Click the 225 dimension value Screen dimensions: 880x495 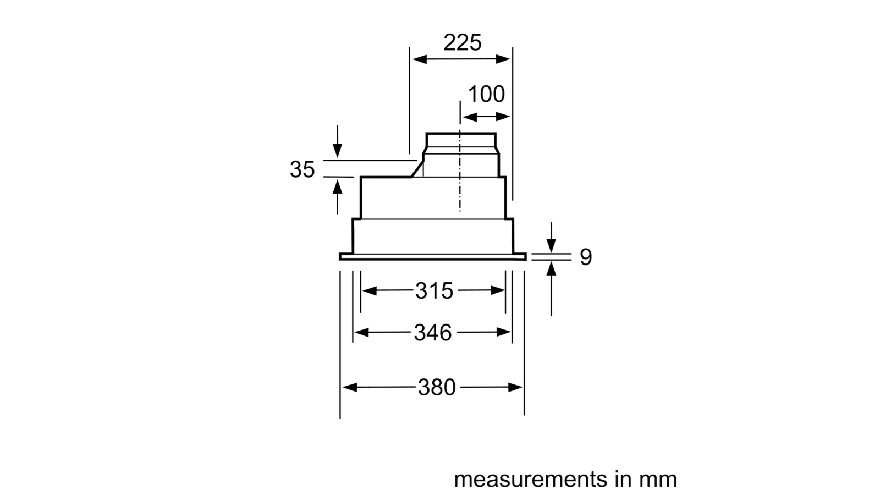pos(463,42)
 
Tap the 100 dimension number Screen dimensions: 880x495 pos(486,94)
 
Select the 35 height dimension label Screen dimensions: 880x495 pos(302,169)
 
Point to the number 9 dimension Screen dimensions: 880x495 pos(586,257)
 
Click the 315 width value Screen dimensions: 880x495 pos(434,291)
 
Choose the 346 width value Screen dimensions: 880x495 pos(433,333)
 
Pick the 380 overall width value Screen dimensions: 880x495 pos(437,387)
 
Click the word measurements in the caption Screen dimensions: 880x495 pos(530,479)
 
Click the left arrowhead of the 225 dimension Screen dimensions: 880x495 pos(420,59)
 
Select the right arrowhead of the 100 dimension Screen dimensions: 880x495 pos(503,117)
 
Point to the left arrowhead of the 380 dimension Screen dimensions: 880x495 pos(350,387)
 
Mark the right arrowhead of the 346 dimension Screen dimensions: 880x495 pos(503,332)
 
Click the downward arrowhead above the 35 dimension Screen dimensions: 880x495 pos(337,151)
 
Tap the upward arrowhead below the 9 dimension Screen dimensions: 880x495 pos(551,269)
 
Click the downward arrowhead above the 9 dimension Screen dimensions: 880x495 pos(551,245)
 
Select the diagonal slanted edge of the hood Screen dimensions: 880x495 pos(417,169)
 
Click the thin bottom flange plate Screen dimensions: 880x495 pos(432,256)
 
